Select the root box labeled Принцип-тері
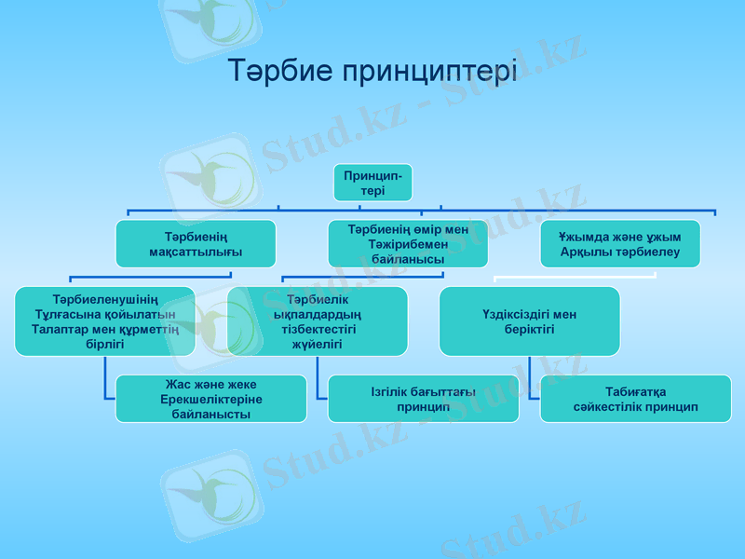[372, 183]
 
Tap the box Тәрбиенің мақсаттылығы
[196, 244]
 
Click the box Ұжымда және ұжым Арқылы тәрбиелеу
[620, 244]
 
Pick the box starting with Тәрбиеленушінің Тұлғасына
[104, 320]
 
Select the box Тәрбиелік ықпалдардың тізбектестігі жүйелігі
[318, 320]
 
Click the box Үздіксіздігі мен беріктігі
[529, 320]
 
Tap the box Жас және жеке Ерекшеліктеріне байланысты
[210, 399]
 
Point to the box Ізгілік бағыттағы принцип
[423, 399]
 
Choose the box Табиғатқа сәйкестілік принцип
[635, 399]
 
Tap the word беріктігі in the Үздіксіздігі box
[529, 330]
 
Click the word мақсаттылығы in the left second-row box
[196, 252]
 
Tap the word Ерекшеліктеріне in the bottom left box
[210, 399]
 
